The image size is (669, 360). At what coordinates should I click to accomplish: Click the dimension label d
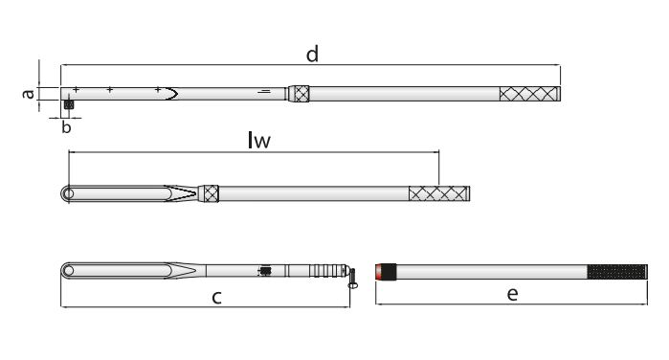pyautogui.click(x=312, y=55)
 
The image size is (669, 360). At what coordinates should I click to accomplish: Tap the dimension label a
pyautogui.click(x=29, y=94)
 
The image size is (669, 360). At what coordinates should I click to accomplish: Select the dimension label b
pyautogui.click(x=66, y=127)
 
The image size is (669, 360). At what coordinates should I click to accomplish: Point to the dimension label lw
pyautogui.click(x=259, y=140)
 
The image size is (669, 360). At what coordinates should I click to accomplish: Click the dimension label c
pyautogui.click(x=216, y=297)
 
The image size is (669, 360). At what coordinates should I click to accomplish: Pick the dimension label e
pyautogui.click(x=512, y=294)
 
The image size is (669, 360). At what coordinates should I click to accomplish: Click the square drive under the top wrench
pyautogui.click(x=68, y=104)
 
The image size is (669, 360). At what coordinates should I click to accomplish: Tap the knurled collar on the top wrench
pyautogui.click(x=299, y=94)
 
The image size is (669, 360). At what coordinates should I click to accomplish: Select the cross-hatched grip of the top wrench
pyautogui.click(x=529, y=94)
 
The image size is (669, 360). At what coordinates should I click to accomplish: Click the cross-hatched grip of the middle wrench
pyautogui.click(x=439, y=193)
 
